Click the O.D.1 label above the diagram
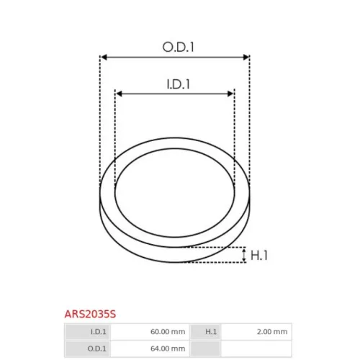[x=178, y=47]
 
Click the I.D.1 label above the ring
[x=178, y=84]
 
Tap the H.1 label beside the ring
[x=259, y=255]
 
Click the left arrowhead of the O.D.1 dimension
[x=104, y=57]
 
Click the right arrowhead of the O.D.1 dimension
[x=246, y=57]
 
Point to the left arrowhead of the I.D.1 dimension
[x=119, y=94]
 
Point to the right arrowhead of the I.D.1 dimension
[x=230, y=94]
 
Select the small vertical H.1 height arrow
[x=244, y=255]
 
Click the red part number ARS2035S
[x=90, y=314]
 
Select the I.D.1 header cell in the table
[x=87, y=332]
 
